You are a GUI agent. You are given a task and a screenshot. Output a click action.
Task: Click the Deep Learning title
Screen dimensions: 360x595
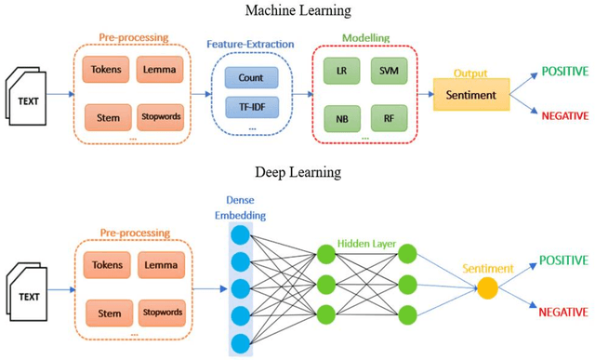297,172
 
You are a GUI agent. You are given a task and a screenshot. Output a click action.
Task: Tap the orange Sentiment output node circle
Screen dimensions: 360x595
486,288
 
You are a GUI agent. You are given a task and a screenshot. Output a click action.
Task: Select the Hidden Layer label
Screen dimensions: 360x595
366,244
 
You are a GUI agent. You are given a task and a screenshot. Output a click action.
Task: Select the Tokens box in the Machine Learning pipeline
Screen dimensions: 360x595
105,68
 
